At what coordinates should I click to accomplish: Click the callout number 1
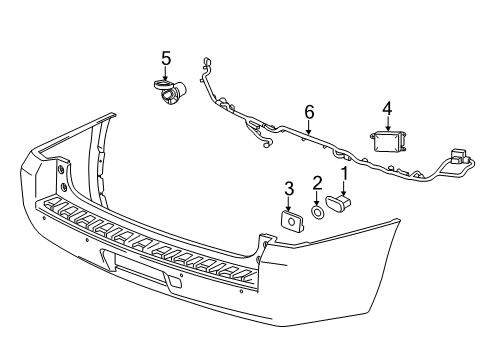[x=345, y=174]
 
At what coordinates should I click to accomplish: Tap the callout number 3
[x=288, y=188]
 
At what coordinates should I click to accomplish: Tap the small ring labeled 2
[x=318, y=212]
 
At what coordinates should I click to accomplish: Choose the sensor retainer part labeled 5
[x=170, y=93]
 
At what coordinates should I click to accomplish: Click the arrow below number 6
[x=309, y=128]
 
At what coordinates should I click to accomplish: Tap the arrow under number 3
[x=289, y=202]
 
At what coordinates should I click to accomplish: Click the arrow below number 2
[x=317, y=196]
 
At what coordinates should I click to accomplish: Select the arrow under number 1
[x=346, y=189]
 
